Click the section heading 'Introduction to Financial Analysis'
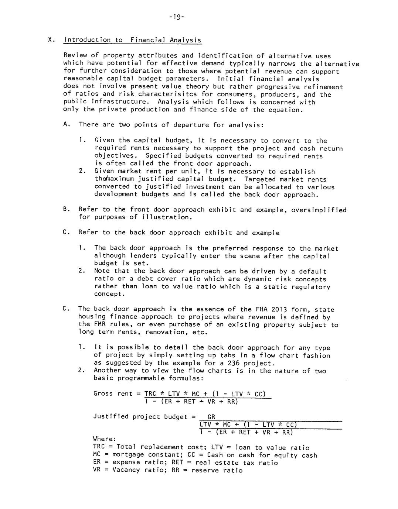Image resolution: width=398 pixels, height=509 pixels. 133,40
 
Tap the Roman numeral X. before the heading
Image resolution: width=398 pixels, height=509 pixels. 52,40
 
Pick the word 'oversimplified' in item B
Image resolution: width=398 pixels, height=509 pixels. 319,210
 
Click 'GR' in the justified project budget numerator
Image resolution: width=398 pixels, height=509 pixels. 211,417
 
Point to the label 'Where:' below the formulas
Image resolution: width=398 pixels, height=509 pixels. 105,439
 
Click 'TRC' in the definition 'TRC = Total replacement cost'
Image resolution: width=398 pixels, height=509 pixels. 99,447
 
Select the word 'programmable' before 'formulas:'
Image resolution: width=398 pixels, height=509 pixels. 142,378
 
